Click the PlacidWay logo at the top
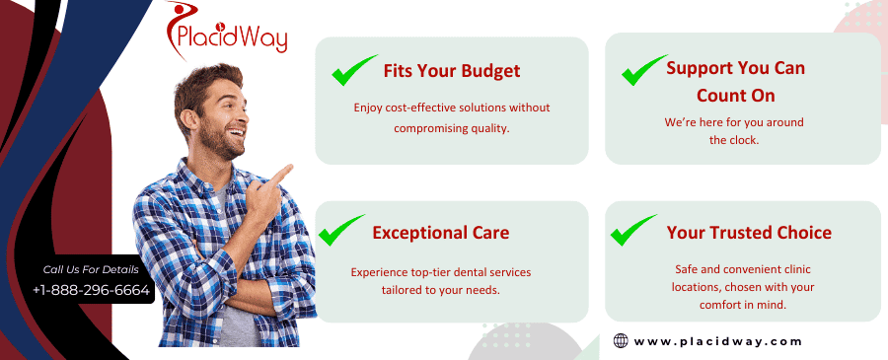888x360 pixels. (227, 32)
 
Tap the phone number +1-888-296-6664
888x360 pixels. (91, 290)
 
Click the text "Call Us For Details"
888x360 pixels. (91, 269)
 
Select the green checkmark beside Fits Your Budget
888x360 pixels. (354, 70)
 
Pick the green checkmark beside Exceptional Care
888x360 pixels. (341, 230)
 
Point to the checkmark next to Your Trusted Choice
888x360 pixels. (633, 230)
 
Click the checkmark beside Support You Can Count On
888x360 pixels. (644, 70)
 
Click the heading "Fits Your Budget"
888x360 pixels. (451, 71)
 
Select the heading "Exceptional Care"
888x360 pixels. (441, 233)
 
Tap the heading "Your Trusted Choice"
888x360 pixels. (749, 233)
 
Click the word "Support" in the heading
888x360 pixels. (700, 68)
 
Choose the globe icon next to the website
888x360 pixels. (621, 340)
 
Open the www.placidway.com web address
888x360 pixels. (717, 341)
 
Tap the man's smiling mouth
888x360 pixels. (236, 133)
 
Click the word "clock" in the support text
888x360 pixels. (744, 140)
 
